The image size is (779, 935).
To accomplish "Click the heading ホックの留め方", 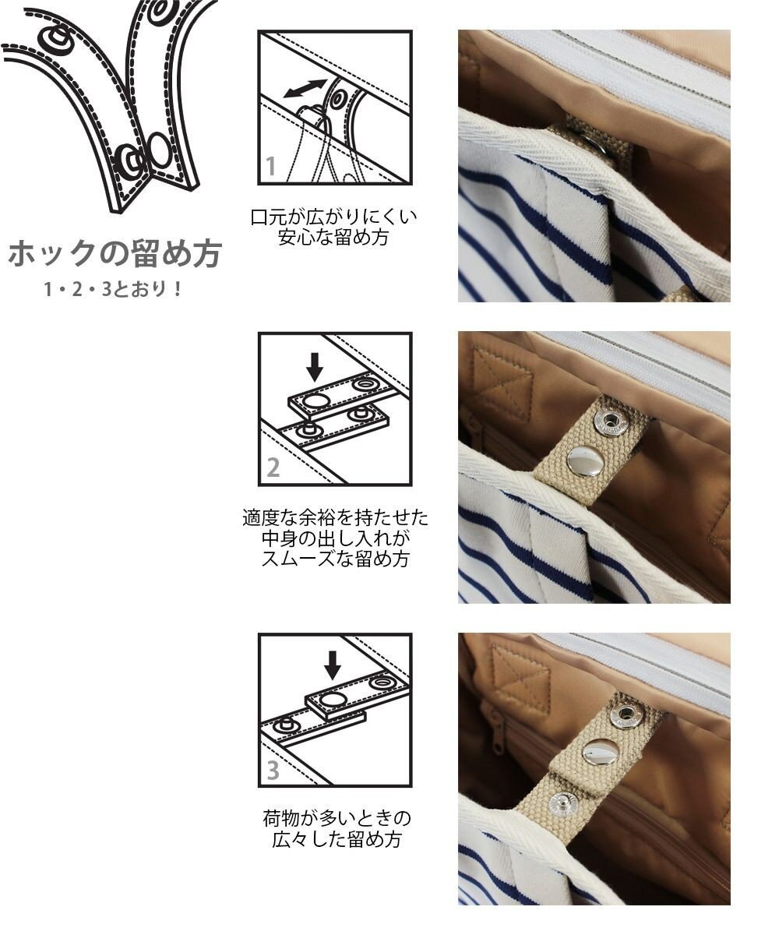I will click(115, 254).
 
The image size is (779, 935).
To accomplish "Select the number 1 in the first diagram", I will click(271, 166).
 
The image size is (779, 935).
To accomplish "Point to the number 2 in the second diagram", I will click(273, 467).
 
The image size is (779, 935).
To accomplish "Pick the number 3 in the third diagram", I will click(273, 770).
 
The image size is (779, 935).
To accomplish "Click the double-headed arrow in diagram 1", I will click(305, 88).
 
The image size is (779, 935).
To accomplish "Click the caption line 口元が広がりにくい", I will click(334, 217).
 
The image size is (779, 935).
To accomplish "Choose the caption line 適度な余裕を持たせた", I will click(335, 517).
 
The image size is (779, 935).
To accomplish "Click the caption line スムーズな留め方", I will click(335, 559).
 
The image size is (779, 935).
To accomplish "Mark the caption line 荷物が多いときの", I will click(336, 819).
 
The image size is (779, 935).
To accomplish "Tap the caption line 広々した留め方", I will click(336, 840).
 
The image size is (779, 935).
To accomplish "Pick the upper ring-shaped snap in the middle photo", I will click(610, 422).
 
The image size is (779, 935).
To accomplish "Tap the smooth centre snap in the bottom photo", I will click(601, 752).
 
